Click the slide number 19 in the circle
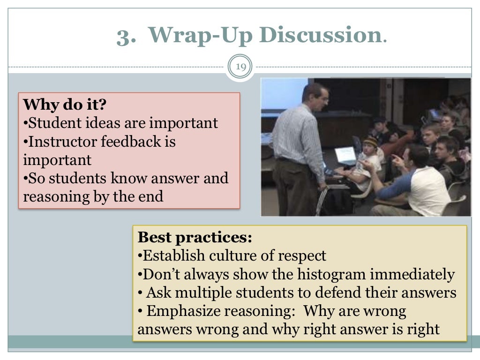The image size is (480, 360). [x=240, y=67]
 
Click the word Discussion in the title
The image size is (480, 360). [x=321, y=35]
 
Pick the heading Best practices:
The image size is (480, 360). [x=195, y=237]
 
